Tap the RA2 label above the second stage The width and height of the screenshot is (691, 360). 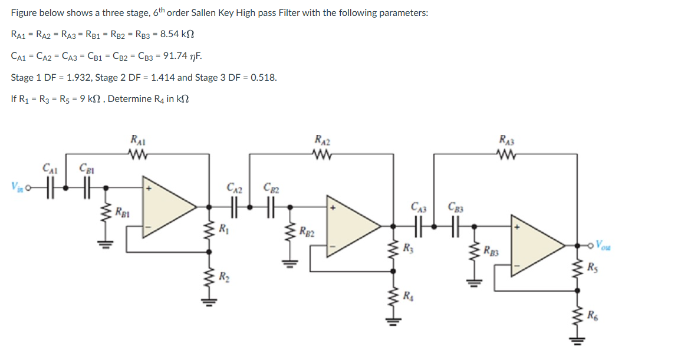(323, 141)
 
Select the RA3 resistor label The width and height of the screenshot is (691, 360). (506, 141)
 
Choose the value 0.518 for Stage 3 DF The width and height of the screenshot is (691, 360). (264, 78)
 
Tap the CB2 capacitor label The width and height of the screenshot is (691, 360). (271, 188)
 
